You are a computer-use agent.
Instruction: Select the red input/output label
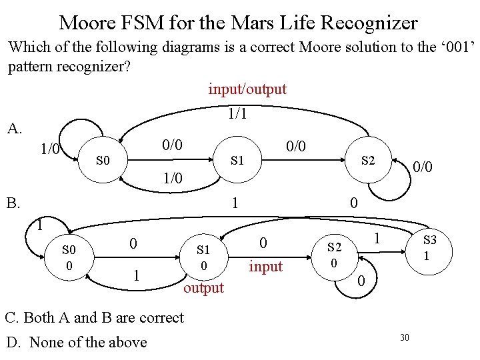pyautogui.click(x=247, y=89)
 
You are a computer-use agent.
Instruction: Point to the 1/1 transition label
pyautogui.click(x=237, y=114)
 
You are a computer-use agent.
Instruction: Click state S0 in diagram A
pyautogui.click(x=102, y=161)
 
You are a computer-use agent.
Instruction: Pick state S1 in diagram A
pyautogui.click(x=237, y=161)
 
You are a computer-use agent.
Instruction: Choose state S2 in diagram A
pyautogui.click(x=368, y=160)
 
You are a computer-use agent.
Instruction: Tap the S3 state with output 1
pyautogui.click(x=429, y=247)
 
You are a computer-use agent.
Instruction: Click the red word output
pyautogui.click(x=203, y=288)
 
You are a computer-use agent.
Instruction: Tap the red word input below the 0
pyautogui.click(x=265, y=267)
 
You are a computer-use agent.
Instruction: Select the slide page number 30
pyautogui.click(x=405, y=338)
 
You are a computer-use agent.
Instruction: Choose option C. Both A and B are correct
pyautogui.click(x=94, y=317)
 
